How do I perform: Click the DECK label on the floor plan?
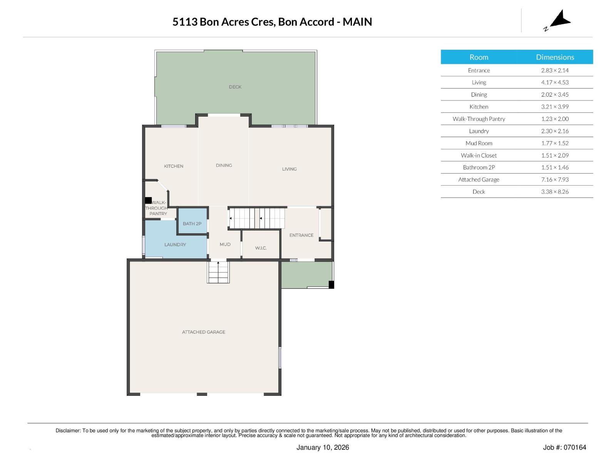tap(235, 87)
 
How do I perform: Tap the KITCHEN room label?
tap(174, 166)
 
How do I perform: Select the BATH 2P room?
tap(192, 224)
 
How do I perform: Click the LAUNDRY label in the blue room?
tap(175, 245)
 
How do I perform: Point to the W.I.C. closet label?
tap(261, 248)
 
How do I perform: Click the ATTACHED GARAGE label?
tap(203, 332)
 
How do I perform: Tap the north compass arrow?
tap(560, 19)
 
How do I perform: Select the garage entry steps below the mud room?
tap(218, 272)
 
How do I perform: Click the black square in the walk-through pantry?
tap(148, 201)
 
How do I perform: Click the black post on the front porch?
tap(331, 285)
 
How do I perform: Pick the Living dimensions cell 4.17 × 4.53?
tap(554, 82)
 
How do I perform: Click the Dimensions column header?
tap(555, 57)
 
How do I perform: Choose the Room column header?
tap(479, 57)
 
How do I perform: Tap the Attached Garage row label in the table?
tap(479, 180)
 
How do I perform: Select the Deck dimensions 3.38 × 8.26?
tap(554, 192)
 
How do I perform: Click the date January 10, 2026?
tap(323, 447)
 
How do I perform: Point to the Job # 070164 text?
tap(564, 447)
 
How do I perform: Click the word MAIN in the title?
tap(357, 22)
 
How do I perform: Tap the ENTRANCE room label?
tap(301, 235)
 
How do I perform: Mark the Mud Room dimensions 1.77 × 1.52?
tap(554, 143)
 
